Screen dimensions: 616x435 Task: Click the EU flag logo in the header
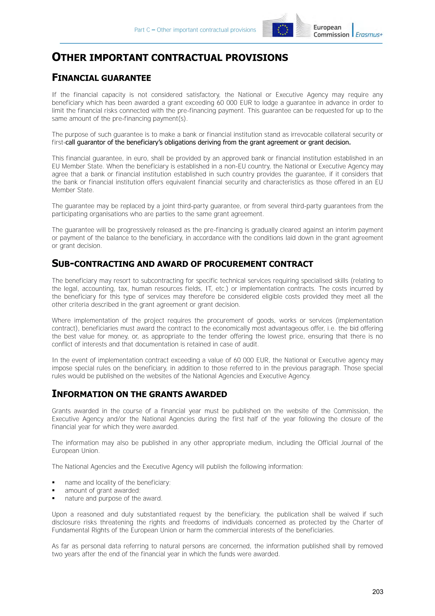282,30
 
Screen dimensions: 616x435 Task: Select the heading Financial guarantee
101,78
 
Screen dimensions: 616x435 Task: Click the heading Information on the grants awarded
139,394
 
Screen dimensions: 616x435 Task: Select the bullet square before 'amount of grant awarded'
54,490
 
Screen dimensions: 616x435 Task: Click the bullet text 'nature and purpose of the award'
113,498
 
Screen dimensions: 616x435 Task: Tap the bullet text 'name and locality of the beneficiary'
117,482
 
